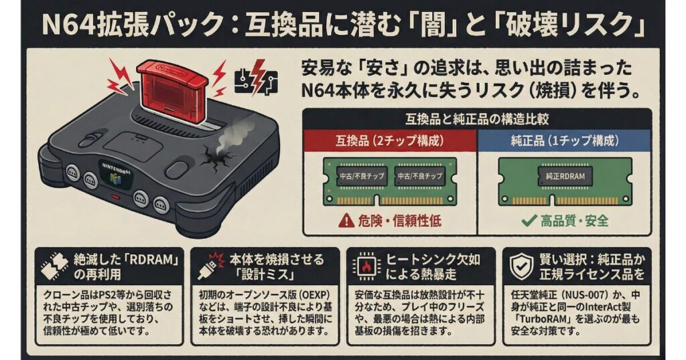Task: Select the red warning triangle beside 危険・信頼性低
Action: [346, 221]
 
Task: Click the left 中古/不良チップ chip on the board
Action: [357, 176]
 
